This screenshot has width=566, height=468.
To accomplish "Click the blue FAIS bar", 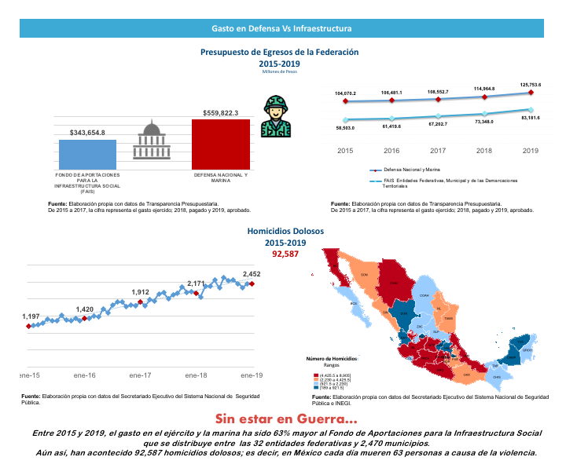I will point(87,154).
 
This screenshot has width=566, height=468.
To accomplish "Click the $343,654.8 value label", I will point(87,133).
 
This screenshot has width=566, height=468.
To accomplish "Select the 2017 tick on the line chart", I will point(438,151).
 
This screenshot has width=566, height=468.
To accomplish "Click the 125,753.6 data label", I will point(531,85).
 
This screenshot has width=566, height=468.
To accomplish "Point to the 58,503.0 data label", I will point(345,127).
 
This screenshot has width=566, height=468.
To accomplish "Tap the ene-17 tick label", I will point(139,375).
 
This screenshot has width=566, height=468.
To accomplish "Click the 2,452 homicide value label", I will point(252,274).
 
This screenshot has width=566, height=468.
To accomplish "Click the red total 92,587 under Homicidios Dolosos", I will point(281,255).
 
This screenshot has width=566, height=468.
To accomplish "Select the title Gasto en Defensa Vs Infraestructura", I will point(281,29).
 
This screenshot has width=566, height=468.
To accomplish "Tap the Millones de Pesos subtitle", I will point(280,71).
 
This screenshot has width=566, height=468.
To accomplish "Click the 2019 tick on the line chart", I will point(531,151).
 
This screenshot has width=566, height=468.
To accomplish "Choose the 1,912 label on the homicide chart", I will point(141,292).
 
